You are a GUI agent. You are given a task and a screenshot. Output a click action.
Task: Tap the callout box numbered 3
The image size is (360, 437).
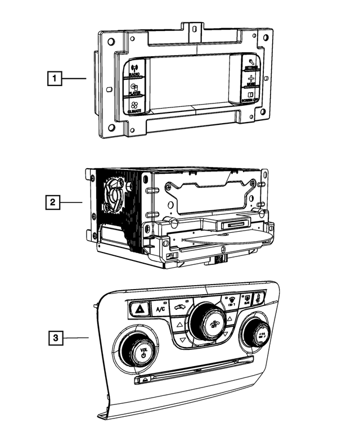[x=54, y=338]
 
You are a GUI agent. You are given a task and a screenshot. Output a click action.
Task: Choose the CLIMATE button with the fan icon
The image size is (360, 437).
[x=134, y=106]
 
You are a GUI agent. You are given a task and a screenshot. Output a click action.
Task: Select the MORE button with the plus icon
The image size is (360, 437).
[x=251, y=80]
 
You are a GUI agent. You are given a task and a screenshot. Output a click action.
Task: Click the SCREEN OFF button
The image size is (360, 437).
[x=251, y=96]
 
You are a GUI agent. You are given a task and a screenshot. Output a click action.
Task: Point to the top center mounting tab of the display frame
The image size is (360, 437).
[x=195, y=28]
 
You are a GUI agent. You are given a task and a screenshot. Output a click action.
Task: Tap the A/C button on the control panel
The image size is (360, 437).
[x=161, y=308]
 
